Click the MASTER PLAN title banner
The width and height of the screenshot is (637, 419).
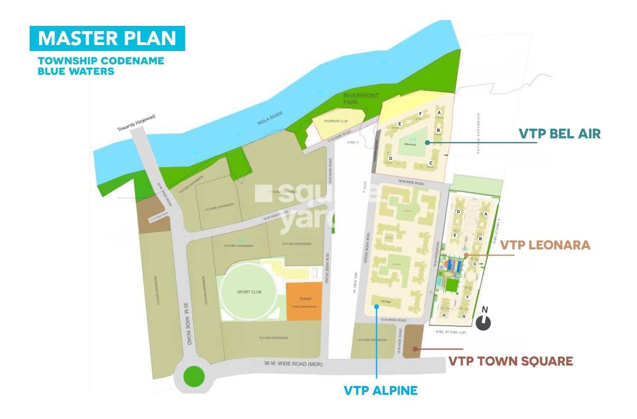[107, 38]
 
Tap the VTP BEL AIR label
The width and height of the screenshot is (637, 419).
[559, 134]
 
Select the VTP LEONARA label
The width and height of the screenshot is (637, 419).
[545, 245]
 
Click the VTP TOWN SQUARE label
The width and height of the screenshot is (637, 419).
[510, 361]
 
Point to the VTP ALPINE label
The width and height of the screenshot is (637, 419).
[380, 391]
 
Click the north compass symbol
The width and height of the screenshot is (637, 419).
[483, 322]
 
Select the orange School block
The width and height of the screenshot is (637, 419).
[304, 302]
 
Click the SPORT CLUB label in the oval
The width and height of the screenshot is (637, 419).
[249, 292]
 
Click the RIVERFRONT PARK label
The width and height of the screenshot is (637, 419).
[355, 99]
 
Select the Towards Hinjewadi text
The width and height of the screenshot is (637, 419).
[136, 123]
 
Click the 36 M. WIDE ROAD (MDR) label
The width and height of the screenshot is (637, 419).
[293, 364]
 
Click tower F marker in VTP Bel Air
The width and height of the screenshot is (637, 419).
[420, 114]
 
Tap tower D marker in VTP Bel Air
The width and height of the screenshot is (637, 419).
[390, 158]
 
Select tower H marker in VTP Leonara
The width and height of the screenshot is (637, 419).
[444, 315]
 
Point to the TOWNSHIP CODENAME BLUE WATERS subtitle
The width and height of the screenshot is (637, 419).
[101, 66]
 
